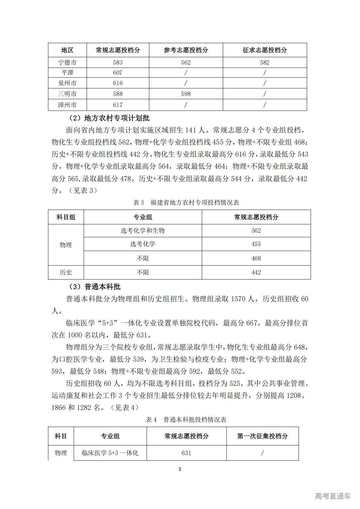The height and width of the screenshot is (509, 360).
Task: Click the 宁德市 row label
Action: pyautogui.click(x=67, y=62)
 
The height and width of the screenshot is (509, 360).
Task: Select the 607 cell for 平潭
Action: pyautogui.click(x=118, y=72)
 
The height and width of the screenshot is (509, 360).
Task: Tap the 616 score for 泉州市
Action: pyautogui.click(x=118, y=83)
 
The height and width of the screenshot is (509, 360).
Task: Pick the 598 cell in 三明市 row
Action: pyautogui.click(x=186, y=94)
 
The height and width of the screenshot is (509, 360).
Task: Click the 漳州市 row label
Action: pyautogui.click(x=67, y=105)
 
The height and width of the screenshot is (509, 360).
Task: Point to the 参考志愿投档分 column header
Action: pyautogui.click(x=186, y=50)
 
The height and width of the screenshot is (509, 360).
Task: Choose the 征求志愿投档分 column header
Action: pyautogui.click(x=265, y=50)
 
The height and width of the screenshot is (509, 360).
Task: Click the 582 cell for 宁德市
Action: pyautogui.click(x=265, y=62)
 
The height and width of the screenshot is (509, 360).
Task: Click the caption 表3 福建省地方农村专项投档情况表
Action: pyautogui.click(x=186, y=202)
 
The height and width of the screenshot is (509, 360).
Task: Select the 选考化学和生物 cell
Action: pyautogui.click(x=142, y=231)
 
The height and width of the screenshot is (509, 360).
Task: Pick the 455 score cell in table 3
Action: pyautogui.click(x=256, y=244)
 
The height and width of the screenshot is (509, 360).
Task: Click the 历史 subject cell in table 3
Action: pyautogui.click(x=66, y=272)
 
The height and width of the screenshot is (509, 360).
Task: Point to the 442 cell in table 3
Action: pyautogui.click(x=256, y=272)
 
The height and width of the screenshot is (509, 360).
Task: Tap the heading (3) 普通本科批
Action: pyautogui.click(x=94, y=287)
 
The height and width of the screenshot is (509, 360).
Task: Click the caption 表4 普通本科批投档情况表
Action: pyautogui.click(x=186, y=420)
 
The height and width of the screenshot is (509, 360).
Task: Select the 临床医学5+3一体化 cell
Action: pyautogui.click(x=110, y=453)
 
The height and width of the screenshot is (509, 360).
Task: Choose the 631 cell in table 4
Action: pyautogui.click(x=186, y=453)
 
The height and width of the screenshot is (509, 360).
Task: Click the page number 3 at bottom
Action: pyautogui.click(x=180, y=469)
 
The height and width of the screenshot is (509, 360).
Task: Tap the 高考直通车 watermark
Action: pyautogui.click(x=333, y=496)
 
